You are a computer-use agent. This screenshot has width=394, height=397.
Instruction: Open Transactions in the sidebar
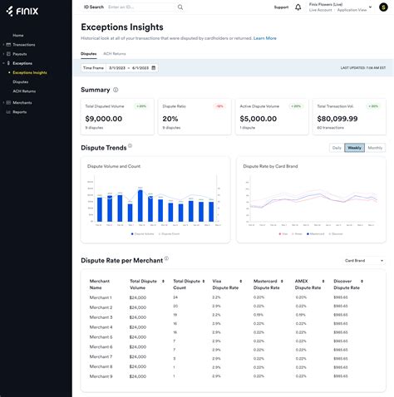click(23, 44)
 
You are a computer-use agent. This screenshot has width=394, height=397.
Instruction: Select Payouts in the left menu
click(20, 53)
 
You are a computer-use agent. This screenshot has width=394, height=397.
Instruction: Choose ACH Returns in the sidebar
click(24, 91)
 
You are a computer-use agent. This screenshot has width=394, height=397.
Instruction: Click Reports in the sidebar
click(19, 111)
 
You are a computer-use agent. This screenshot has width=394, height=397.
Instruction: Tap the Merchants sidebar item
click(22, 102)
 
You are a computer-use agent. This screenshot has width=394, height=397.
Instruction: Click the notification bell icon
click(298, 7)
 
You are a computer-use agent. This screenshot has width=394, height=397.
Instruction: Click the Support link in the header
click(282, 7)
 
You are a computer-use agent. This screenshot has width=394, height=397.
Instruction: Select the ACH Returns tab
click(114, 52)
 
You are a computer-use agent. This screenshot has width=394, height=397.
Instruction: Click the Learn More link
click(265, 38)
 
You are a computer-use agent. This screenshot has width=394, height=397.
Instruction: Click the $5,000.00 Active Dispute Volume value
click(257, 119)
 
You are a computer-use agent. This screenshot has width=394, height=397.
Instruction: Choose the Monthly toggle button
click(376, 148)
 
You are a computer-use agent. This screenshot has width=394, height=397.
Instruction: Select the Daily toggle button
click(337, 148)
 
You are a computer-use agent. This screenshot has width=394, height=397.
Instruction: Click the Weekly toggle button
click(355, 148)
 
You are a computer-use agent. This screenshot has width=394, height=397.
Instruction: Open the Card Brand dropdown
click(364, 260)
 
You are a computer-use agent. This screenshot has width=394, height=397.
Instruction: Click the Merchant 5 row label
click(101, 336)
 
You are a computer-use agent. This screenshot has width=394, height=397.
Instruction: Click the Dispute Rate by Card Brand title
click(271, 166)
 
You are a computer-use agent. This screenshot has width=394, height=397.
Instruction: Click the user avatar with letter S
click(383, 7)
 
